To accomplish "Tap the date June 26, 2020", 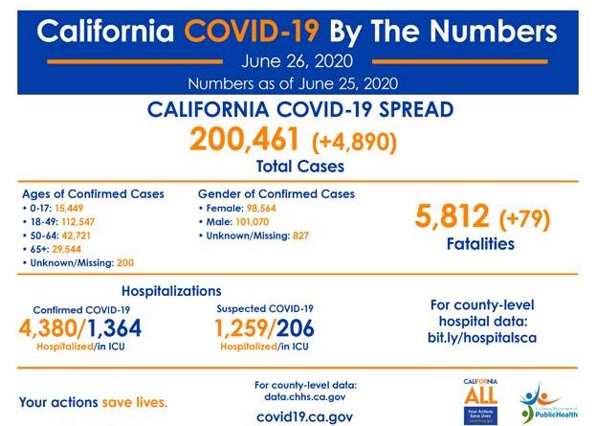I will [x=297, y=62].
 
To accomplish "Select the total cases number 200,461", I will [x=246, y=140].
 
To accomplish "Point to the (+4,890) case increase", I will [x=354, y=142].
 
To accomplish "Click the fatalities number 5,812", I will [x=453, y=217].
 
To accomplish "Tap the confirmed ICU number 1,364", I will [x=120, y=329].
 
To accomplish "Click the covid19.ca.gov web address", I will [x=305, y=416].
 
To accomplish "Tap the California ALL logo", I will [x=479, y=394].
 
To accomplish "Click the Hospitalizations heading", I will [x=172, y=290].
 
